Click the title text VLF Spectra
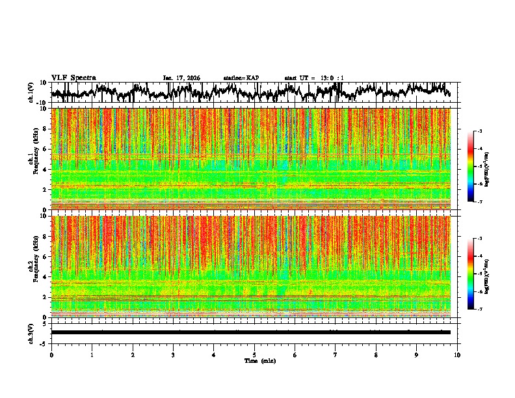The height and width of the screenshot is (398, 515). (x=73, y=77)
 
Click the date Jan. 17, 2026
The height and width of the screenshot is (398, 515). (x=181, y=78)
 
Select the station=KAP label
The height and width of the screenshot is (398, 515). (x=241, y=78)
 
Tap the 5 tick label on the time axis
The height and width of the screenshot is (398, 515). (x=254, y=354)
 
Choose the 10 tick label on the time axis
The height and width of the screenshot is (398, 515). (x=457, y=354)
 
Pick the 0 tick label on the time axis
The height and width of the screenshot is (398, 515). (x=51, y=354)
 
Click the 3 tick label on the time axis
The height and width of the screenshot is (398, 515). (x=173, y=354)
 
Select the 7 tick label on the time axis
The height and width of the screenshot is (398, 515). (x=336, y=354)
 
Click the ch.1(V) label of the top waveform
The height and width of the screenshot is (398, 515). (x=31, y=92)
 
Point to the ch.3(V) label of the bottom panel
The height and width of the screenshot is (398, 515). (x=31, y=332)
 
